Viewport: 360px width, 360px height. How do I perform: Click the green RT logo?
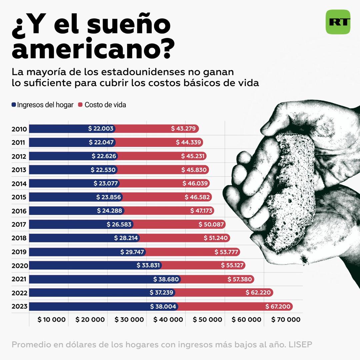(338, 22)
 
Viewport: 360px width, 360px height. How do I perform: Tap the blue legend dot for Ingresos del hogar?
(14, 105)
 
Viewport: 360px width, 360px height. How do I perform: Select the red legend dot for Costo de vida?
(80, 105)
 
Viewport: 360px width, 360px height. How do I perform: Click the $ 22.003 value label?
(101, 129)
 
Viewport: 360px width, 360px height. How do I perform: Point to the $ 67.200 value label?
(278, 306)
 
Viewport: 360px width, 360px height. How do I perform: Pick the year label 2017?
(19, 224)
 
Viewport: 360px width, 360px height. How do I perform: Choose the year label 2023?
(20, 306)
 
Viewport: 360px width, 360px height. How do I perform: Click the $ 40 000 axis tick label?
(168, 319)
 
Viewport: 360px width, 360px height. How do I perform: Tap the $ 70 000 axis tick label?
(286, 319)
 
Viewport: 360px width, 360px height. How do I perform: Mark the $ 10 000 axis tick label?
(51, 319)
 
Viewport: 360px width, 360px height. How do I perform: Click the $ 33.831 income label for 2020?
(148, 265)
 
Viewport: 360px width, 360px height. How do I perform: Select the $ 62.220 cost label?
(258, 293)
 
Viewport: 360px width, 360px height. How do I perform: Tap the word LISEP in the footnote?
(300, 344)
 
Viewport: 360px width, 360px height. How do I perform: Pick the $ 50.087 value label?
(211, 224)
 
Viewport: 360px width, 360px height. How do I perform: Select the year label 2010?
(19, 129)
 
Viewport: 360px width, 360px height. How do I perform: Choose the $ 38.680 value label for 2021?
(166, 279)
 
